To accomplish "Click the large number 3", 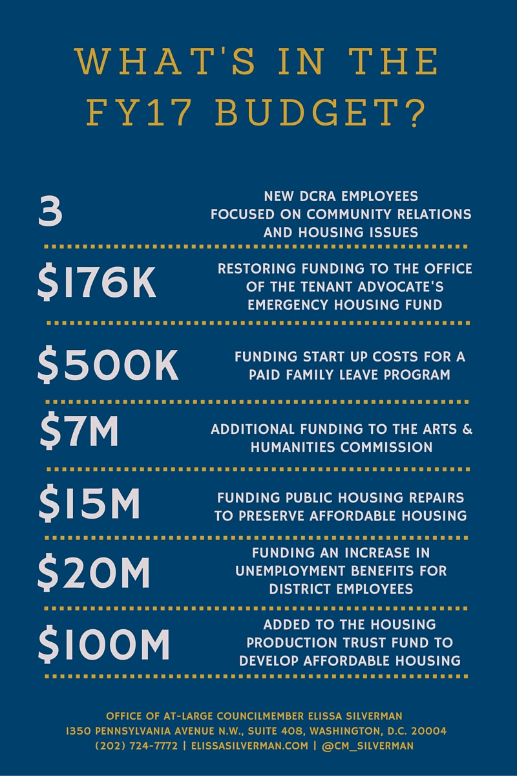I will pos(50,213).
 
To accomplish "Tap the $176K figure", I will pos(97,285).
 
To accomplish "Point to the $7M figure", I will pos(79,432).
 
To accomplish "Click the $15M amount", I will pos(89,504).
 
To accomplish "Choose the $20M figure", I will pos(94,572).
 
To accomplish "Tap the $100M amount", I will pos(103,643).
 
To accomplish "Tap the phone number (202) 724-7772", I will pos(136,746).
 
